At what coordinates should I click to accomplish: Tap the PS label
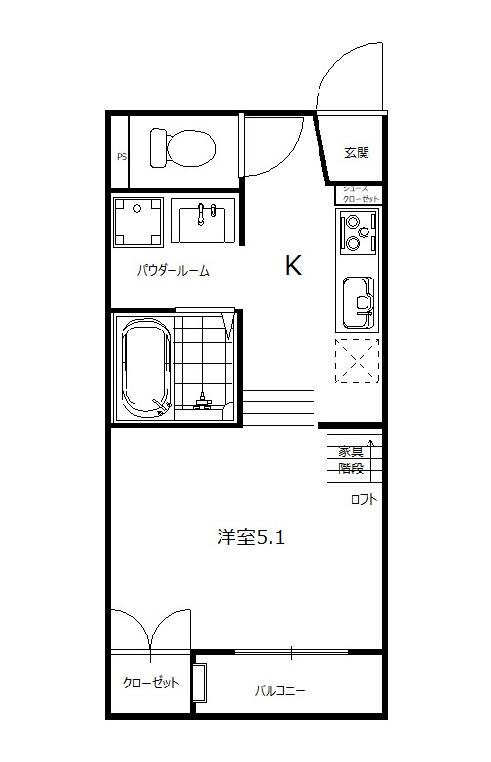122,156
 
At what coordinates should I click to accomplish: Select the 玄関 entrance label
356,152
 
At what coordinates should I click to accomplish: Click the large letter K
292,265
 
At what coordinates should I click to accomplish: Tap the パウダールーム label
173,271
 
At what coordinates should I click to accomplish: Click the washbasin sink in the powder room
205,220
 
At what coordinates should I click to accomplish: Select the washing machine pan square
137,222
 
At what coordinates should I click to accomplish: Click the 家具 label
351,452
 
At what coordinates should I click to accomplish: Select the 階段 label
351,468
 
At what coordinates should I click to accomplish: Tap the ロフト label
365,499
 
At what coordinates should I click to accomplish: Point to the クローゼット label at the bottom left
151,684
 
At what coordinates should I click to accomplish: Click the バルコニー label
279,691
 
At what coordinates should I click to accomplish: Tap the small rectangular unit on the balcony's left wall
200,684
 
